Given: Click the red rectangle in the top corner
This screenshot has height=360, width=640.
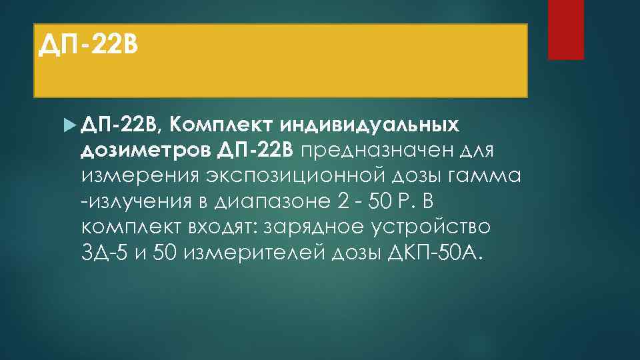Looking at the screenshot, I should pos(565,29).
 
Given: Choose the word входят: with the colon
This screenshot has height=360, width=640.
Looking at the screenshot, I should pos(215,227).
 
